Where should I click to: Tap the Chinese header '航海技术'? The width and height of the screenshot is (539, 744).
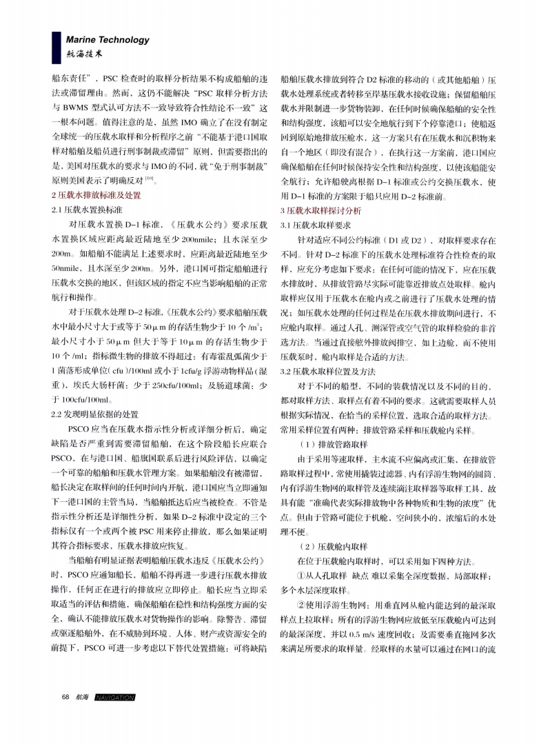(x=84, y=52)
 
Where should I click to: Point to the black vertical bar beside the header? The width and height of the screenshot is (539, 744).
(x=57, y=46)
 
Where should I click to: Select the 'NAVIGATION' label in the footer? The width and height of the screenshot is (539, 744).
(x=116, y=697)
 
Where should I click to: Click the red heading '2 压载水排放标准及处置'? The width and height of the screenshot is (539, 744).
(x=96, y=195)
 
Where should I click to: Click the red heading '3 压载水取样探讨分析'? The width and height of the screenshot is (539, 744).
(x=321, y=210)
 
